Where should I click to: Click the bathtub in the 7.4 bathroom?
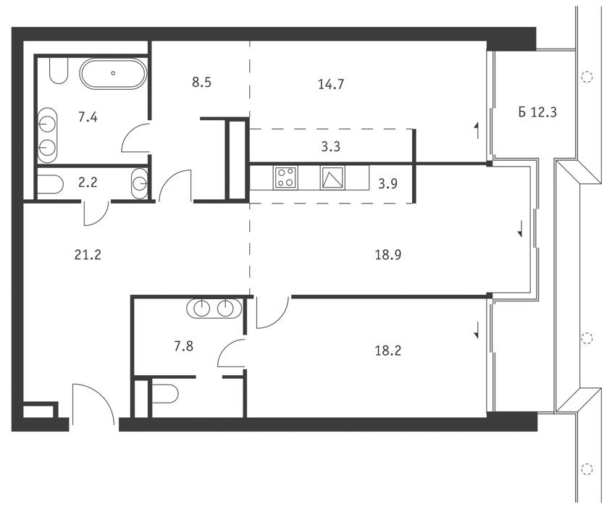point(113,74)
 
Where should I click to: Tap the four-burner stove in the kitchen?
point(285,177)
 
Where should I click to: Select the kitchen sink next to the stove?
point(332,177)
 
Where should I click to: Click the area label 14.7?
point(330,84)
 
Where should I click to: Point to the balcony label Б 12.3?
point(537,112)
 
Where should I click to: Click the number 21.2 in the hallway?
point(88,255)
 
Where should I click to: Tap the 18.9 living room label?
point(388,255)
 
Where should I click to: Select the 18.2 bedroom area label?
point(388,351)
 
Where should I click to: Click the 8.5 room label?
point(202,83)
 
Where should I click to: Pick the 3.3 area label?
point(330,147)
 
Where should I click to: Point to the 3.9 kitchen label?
point(388,183)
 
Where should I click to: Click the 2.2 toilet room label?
point(88,183)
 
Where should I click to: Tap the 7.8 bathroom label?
point(183,346)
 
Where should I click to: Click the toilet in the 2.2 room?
point(51,184)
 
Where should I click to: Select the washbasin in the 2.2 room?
point(139,183)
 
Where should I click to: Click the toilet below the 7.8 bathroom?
point(165,394)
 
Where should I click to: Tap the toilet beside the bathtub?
point(59,71)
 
